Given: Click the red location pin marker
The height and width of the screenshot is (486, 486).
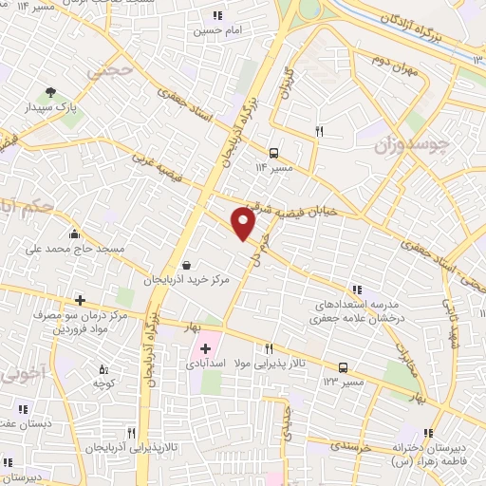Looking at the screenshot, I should point(245,224).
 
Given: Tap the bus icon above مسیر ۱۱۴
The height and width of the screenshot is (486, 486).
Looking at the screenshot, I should point(273,152).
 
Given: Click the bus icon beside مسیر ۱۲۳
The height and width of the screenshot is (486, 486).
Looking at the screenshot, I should point(343,367).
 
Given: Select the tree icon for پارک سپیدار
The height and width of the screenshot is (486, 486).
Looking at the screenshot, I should point(50,93).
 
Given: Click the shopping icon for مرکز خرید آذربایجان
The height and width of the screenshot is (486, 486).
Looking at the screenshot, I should point(185,265).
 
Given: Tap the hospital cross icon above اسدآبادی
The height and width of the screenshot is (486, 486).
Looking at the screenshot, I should point(205,349).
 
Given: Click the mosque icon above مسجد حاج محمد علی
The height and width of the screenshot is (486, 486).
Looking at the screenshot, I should point(75,234).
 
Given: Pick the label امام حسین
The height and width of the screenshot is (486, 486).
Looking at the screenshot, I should point(215,30).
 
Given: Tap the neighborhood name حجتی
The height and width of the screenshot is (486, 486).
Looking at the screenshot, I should point(105,71).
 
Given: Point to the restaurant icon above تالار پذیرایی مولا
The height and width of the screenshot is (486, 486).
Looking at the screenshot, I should point(270,348).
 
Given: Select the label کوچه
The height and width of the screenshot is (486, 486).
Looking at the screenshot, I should point(103,383).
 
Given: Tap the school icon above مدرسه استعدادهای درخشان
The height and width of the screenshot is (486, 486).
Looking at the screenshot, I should point(357,290).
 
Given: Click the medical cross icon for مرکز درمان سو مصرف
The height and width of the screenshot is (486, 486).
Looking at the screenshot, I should point(81,300).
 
